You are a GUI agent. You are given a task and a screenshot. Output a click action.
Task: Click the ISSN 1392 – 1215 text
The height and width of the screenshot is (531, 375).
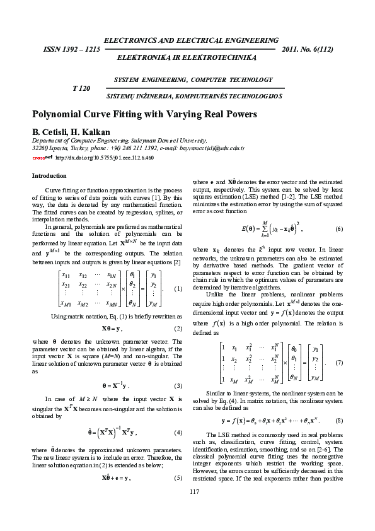point(71,49)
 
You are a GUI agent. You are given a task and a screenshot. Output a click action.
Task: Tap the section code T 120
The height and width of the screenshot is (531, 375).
point(82,89)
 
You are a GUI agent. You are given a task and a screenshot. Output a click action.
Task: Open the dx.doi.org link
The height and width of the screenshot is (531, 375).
point(105,157)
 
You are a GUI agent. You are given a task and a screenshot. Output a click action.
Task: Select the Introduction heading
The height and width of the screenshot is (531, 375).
point(49,175)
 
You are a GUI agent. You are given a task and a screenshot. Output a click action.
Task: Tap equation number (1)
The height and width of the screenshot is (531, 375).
point(178,289)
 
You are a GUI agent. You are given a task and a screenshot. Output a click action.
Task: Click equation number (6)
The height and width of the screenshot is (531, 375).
point(338,228)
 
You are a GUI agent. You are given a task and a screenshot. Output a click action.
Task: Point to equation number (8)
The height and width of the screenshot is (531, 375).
point(338,420)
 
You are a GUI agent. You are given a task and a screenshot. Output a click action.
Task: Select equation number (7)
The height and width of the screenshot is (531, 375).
point(338,363)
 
